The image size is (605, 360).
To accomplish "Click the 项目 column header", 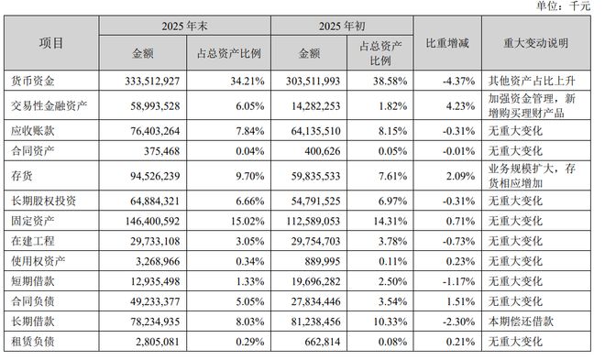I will tap(51, 42).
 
